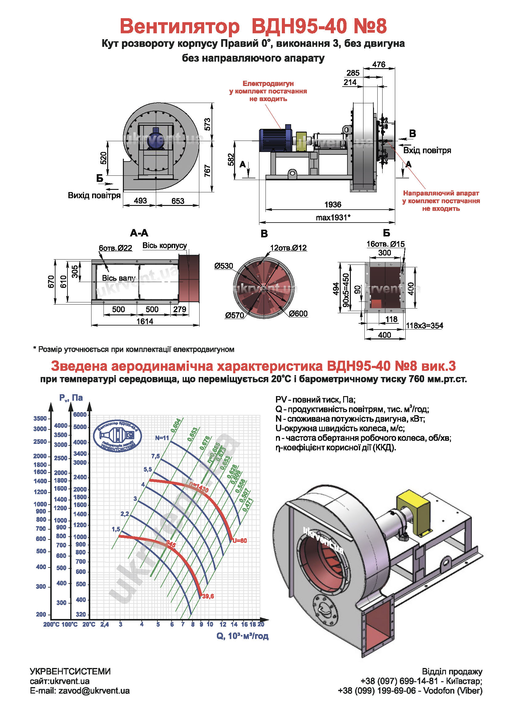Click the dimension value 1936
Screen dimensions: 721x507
pos(332,205)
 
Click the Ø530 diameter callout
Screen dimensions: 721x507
pos(223,266)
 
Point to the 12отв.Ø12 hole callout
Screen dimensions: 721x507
pos(288,248)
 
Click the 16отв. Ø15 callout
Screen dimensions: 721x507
pos(385,244)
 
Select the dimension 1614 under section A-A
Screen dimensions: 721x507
pos(145,321)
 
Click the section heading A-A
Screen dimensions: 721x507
pos(139,233)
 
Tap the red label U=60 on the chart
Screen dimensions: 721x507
pos(240,541)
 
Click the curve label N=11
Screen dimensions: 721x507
pos(162,438)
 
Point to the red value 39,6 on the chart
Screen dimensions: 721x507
pos(208,596)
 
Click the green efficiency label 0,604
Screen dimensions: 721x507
pos(175,425)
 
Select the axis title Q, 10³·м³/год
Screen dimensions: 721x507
pos(242,636)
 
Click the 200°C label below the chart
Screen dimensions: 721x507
pos(51,625)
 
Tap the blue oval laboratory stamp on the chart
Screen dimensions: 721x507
pos(118,436)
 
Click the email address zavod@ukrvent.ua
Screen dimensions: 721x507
pos(94,691)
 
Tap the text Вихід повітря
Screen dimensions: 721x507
pos(94,195)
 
